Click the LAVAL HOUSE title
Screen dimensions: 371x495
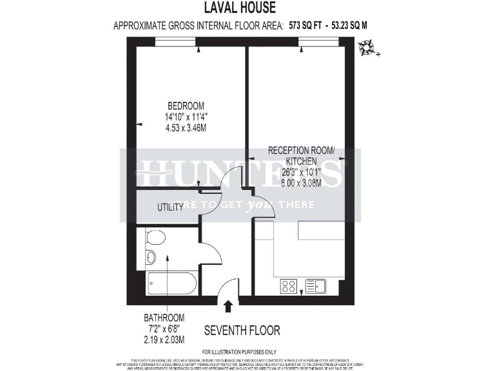tap(240, 8)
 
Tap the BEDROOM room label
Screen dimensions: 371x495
tap(186, 106)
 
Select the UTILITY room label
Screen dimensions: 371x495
tap(171, 207)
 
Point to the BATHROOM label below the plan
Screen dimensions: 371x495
tap(164, 318)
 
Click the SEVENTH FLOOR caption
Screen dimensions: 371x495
tap(242, 330)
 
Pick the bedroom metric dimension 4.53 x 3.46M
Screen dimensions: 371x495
tap(186, 128)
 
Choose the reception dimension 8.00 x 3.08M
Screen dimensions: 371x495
tap(302, 182)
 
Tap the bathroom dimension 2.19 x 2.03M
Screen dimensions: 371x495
tap(164, 339)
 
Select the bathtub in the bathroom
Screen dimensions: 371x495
tap(171, 282)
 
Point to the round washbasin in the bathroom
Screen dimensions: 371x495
tap(150, 258)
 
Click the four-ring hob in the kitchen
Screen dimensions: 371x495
tap(288, 286)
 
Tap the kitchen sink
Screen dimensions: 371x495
tap(316, 286)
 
